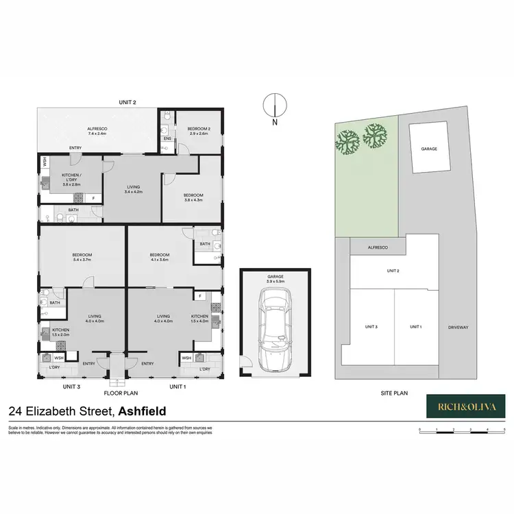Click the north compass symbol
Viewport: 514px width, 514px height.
point(273,107)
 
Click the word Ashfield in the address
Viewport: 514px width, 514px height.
point(151,412)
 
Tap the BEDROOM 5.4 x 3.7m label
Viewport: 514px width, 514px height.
point(82,257)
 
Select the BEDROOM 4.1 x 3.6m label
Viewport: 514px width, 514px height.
point(160,257)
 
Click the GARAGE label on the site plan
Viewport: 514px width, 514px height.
point(429,148)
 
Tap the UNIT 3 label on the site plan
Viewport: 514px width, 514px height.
point(372,327)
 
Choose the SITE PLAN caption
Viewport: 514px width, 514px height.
point(395,393)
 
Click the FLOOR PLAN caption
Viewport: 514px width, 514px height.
point(121,393)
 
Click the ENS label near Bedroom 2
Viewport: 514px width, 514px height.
point(167,139)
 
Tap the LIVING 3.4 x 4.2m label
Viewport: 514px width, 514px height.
point(132,190)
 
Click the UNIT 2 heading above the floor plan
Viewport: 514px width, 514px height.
point(128,102)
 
